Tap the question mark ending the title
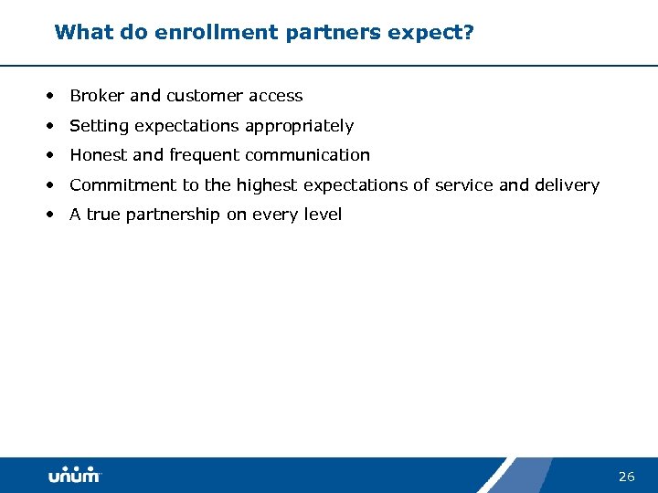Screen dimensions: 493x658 468,33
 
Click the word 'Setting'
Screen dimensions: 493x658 99,126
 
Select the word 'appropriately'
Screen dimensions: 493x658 301,126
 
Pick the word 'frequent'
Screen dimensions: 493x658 203,155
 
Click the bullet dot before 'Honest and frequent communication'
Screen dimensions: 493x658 53,155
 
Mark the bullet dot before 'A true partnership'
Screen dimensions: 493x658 53,215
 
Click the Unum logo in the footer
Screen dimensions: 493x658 74,476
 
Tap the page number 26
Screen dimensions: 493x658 626,477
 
